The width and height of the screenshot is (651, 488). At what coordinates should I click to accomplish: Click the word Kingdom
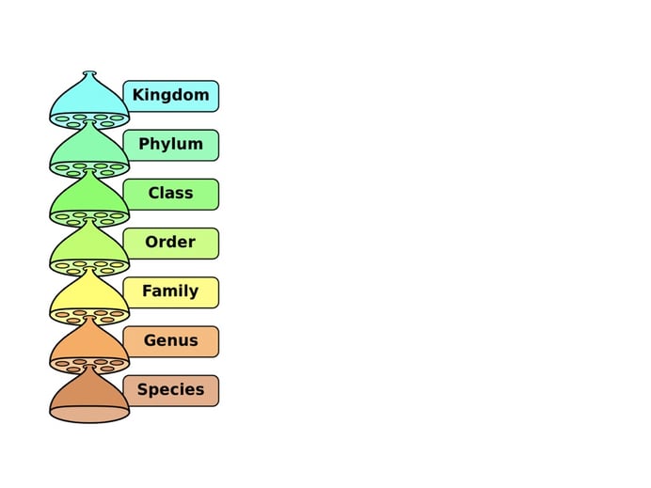point(170,95)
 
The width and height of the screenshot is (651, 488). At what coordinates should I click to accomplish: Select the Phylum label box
point(171,145)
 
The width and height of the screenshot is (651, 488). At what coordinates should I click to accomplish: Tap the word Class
point(170,193)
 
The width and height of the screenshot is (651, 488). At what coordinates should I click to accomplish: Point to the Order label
point(171,244)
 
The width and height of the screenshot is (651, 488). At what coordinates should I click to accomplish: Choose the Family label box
point(171,292)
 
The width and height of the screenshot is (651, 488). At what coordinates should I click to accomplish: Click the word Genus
point(170,340)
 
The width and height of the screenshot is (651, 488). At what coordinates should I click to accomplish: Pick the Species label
point(171,391)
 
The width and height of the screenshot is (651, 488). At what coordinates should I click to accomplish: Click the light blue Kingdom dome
point(88,98)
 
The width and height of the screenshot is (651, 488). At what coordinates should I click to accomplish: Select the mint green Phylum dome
point(88,148)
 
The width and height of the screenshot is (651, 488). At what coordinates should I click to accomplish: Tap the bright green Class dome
point(88,197)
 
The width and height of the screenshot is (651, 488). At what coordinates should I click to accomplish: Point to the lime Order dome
point(88,245)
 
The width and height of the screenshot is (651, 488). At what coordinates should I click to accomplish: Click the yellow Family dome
point(88,294)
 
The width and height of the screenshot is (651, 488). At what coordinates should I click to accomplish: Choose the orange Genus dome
point(88,343)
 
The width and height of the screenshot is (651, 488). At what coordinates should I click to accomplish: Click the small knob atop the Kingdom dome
point(89,73)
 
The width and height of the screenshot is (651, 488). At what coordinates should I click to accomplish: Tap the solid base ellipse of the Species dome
point(89,414)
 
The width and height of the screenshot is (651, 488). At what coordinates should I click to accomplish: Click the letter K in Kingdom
point(138,95)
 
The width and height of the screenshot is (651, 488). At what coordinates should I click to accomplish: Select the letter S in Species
point(142,389)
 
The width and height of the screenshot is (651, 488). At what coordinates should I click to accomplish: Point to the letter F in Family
point(148,291)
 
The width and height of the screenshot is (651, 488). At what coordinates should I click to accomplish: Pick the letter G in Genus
point(150,339)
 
